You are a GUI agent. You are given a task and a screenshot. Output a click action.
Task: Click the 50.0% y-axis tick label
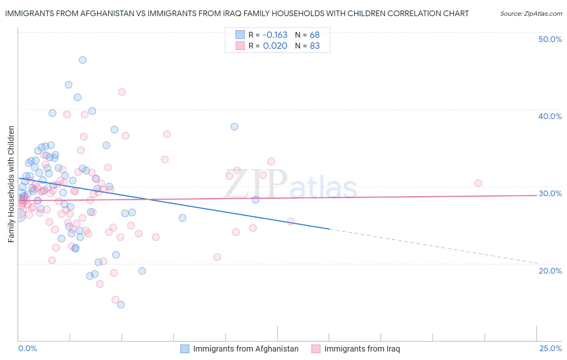point(550,39)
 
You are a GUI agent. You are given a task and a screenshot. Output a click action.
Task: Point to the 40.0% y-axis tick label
point(550,116)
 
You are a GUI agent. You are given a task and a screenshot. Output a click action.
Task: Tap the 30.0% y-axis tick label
point(550,193)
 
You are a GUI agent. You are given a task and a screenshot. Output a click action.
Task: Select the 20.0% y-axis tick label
point(550,271)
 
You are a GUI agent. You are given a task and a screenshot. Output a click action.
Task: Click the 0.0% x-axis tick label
point(27,349)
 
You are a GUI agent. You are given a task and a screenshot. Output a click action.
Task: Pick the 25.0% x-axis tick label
point(550,349)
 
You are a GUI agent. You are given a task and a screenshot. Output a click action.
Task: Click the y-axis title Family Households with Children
point(11,184)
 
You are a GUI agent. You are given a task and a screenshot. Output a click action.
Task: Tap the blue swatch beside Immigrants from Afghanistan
point(185,349)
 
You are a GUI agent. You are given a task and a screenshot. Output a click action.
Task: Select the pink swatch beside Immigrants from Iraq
point(316,349)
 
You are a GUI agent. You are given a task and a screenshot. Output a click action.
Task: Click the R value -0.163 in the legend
point(275,35)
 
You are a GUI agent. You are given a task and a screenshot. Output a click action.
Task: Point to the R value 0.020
point(275,46)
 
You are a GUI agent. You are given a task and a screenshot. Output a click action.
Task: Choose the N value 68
point(315,35)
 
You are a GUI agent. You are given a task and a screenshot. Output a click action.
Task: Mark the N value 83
point(315,46)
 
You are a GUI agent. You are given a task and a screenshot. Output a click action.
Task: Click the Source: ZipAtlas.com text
point(531,14)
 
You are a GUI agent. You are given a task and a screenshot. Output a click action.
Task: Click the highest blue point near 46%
point(83,60)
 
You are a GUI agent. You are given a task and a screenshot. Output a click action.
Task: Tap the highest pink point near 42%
point(122,92)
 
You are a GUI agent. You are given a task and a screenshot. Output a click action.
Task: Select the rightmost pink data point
point(478,183)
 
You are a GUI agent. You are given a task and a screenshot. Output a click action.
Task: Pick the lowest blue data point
point(121,305)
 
